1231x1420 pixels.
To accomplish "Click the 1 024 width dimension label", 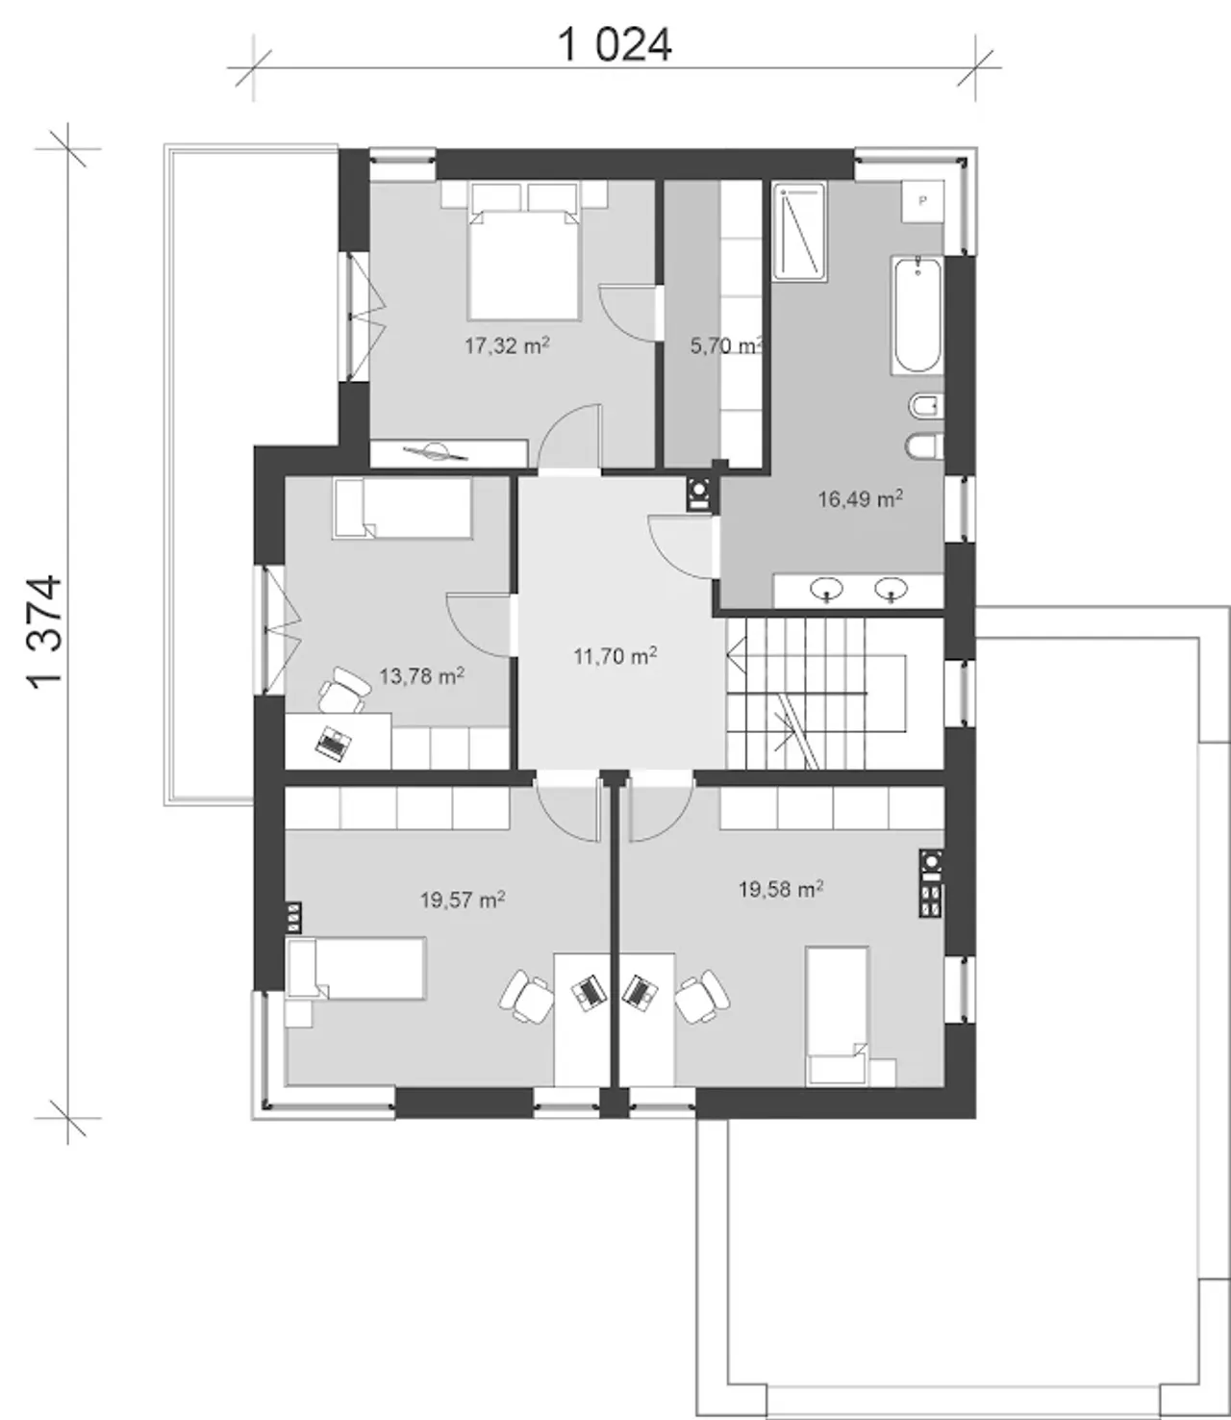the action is click(x=615, y=45).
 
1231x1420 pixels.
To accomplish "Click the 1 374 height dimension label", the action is click(x=44, y=632).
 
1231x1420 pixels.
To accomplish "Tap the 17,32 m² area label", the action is click(x=507, y=344).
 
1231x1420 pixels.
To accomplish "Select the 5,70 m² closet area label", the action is click(x=727, y=344).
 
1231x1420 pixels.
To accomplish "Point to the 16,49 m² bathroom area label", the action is click(x=860, y=498).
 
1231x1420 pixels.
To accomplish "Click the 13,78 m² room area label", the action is click(x=422, y=676).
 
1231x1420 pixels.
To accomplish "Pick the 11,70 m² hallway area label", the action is click(x=615, y=656).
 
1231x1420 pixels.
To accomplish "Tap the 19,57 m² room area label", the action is click(x=463, y=900).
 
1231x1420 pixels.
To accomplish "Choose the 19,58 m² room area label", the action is click(x=781, y=889).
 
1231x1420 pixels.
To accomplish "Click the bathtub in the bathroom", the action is click(x=917, y=316).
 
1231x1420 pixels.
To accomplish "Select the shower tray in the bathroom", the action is click(x=799, y=232).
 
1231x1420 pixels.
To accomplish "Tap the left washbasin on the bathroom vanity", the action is click(x=826, y=589).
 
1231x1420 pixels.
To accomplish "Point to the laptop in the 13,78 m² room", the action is click(x=333, y=743).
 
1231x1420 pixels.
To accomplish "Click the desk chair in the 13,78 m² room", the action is click(x=344, y=690).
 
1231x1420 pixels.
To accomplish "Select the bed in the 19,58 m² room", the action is click(x=838, y=1017).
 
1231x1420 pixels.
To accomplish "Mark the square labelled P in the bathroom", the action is click(x=923, y=201).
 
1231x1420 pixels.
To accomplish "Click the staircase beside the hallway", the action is click(x=835, y=693).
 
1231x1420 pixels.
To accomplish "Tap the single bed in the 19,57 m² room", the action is click(x=356, y=968).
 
